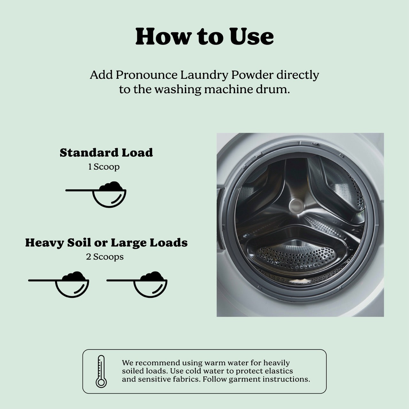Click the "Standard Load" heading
(x=106, y=153)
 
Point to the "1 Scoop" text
(x=104, y=167)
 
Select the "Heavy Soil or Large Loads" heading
(x=106, y=243)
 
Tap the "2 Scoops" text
(x=104, y=257)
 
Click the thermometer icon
(x=101, y=371)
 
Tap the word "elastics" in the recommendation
(x=279, y=371)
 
